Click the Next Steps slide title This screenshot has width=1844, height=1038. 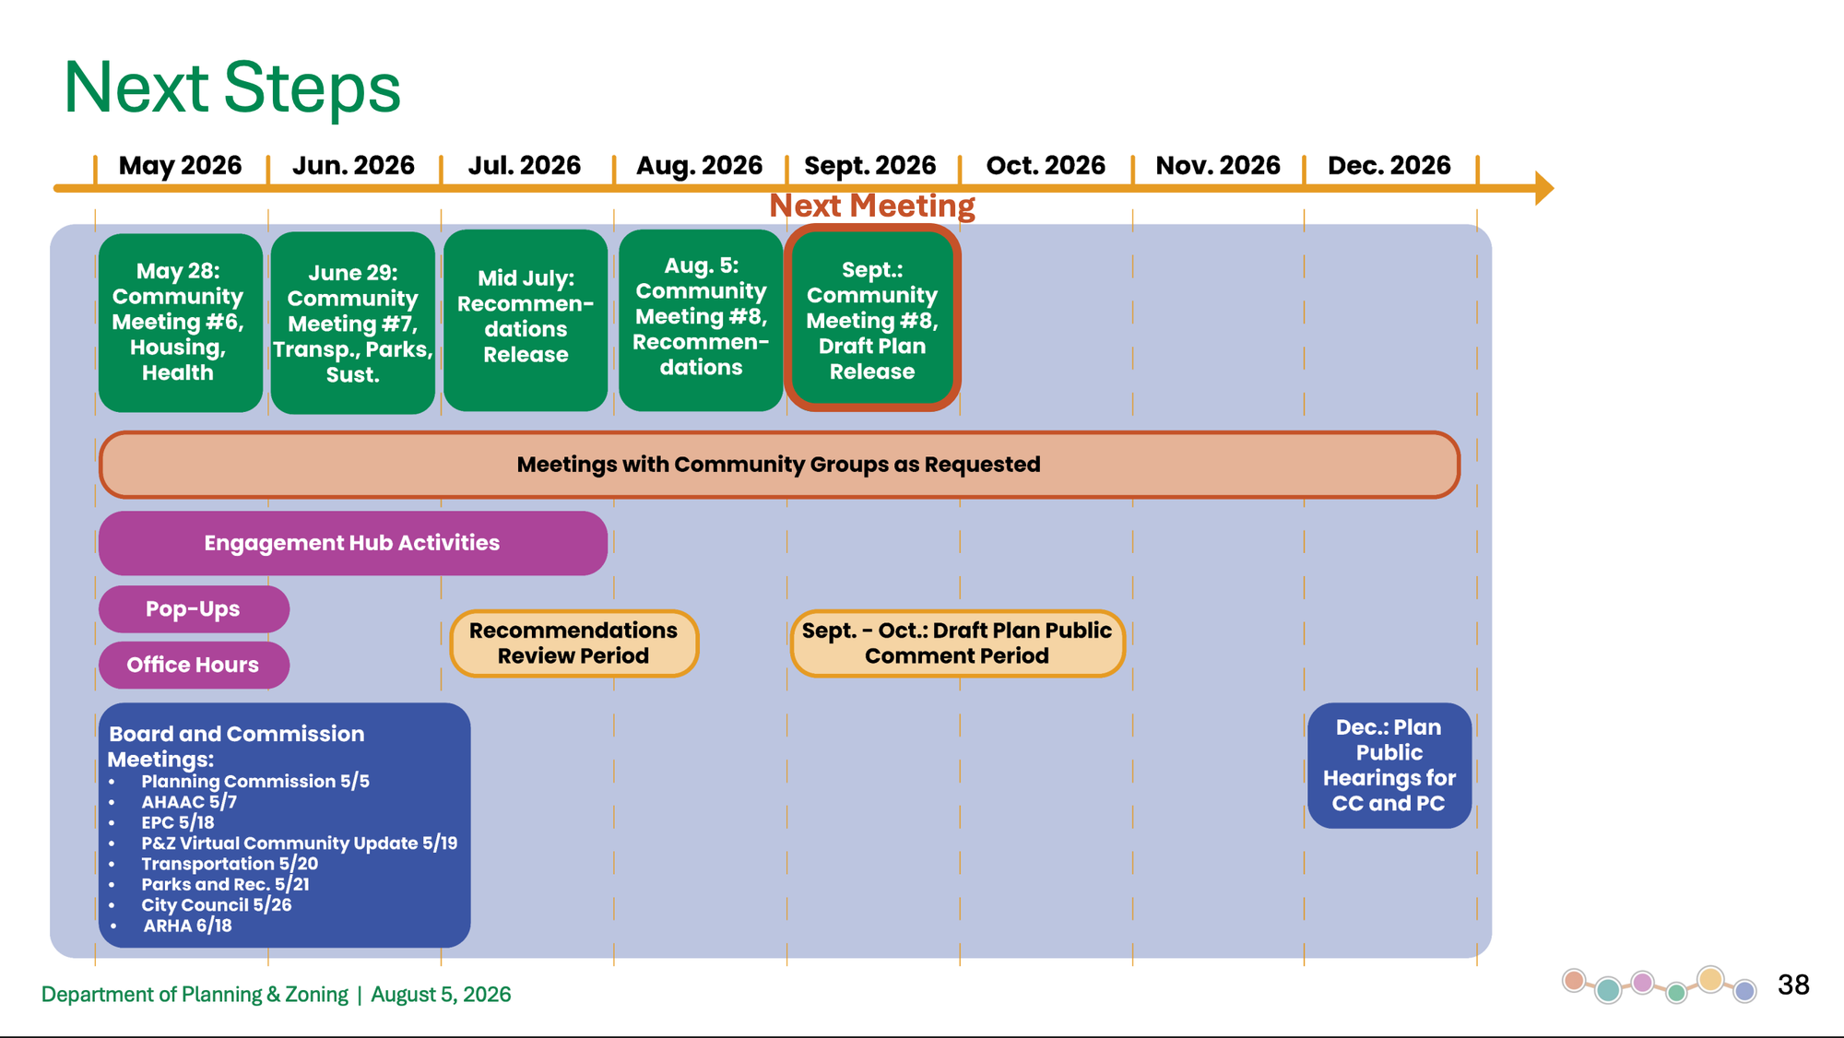[x=232, y=88]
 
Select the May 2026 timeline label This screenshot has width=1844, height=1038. [x=180, y=165]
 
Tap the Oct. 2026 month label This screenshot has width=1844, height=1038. [x=1046, y=165]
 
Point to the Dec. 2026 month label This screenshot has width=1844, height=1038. [x=1389, y=165]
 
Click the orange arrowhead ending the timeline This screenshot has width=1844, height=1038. [x=1544, y=188]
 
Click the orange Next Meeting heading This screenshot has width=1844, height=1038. [x=872, y=206]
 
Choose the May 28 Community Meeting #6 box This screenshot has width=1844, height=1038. [x=180, y=323]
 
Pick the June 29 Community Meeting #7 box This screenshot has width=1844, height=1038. [x=353, y=323]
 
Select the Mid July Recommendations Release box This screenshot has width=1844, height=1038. [x=526, y=320]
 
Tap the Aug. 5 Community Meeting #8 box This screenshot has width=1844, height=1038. [x=701, y=320]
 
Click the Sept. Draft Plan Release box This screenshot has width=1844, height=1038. [x=872, y=318]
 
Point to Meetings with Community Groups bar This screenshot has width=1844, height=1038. [x=779, y=465]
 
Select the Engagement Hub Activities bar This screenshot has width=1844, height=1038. [x=353, y=543]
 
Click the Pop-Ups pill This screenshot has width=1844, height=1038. [x=194, y=609]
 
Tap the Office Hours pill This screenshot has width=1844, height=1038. [x=194, y=665]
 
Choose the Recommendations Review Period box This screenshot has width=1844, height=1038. [x=573, y=643]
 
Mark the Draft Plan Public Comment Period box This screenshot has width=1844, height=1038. [x=957, y=643]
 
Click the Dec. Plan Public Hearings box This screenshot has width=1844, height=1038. [x=1389, y=765]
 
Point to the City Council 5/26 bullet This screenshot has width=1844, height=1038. [x=217, y=905]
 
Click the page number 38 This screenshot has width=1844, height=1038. [x=1793, y=985]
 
